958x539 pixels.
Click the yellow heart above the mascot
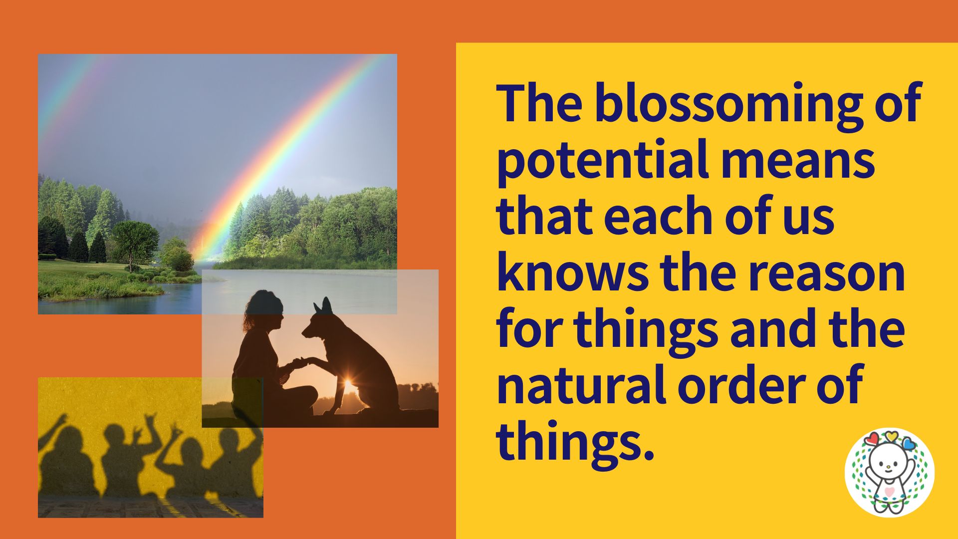891,436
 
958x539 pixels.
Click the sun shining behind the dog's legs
347,385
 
